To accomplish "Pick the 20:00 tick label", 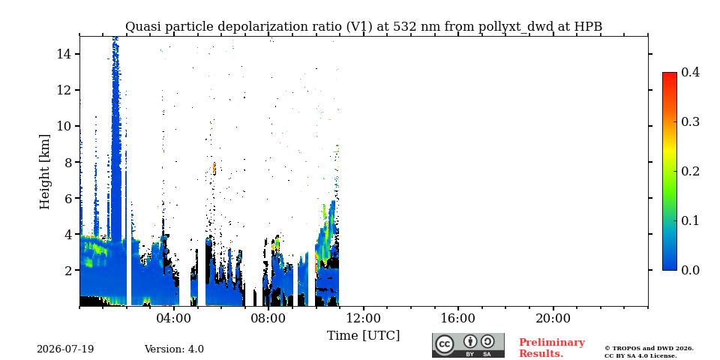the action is click(553, 318).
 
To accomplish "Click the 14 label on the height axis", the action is click(63, 54).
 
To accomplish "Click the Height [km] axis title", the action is click(44, 172).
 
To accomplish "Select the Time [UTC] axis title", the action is click(363, 336).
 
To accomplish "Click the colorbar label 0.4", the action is click(690, 72).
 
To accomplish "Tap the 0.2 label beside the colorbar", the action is click(690, 171).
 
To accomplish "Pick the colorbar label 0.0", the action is click(690, 270).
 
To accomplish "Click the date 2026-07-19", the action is click(65, 349).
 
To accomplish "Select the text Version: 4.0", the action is click(174, 349).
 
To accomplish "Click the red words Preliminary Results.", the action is click(552, 348).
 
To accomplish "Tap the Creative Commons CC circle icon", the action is click(444, 345).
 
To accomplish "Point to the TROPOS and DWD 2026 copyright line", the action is click(649, 349).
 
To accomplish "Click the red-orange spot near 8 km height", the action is click(214, 169).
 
